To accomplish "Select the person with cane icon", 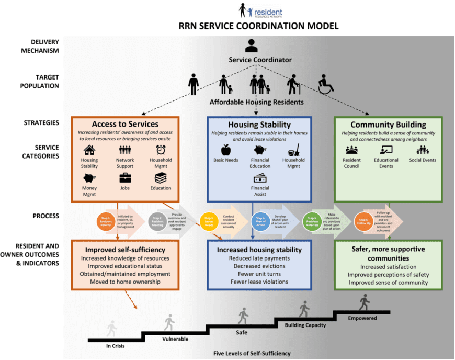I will pos(292,84).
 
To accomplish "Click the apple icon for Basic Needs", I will pos(226,150).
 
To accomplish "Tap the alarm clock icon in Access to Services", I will pos(161,150).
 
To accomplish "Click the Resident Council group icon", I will pos(351,150).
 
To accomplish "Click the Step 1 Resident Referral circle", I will pos(106,221).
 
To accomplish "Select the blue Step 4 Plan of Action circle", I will pos(260,221).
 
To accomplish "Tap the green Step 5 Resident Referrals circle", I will pos(312,221).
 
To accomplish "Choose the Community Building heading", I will pos(388,125).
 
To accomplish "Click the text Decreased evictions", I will pos(259,266).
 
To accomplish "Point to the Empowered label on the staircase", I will pos(362,318).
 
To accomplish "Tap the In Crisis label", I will pos(115,346).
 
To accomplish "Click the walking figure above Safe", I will pos(243,316).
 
